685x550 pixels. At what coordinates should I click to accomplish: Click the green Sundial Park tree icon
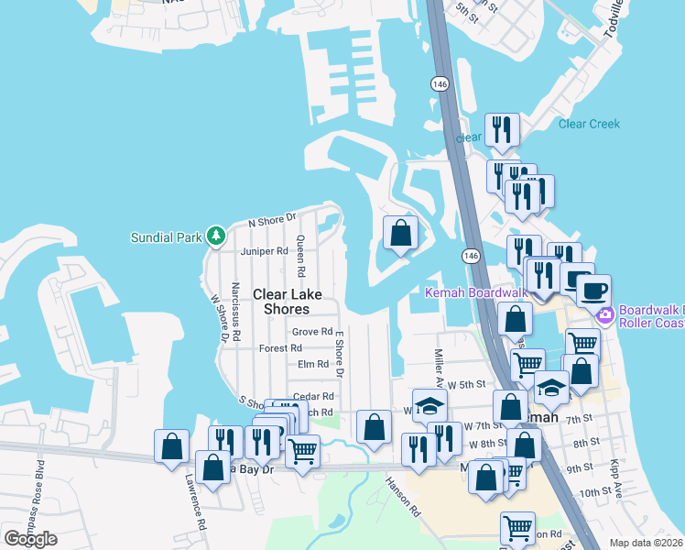[216, 236]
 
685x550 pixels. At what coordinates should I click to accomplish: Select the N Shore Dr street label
[274, 219]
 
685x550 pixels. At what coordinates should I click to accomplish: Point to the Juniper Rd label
[257, 251]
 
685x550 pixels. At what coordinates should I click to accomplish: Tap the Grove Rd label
[311, 332]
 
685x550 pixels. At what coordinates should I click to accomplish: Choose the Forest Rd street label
[280, 348]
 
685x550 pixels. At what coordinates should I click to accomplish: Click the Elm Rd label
[313, 364]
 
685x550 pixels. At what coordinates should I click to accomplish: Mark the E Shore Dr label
[338, 354]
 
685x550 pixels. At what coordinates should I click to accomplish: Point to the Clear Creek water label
[589, 124]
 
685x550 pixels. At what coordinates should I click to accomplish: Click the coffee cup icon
[593, 291]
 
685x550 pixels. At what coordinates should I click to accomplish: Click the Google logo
[30, 539]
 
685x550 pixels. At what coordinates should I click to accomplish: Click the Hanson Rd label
[402, 496]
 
